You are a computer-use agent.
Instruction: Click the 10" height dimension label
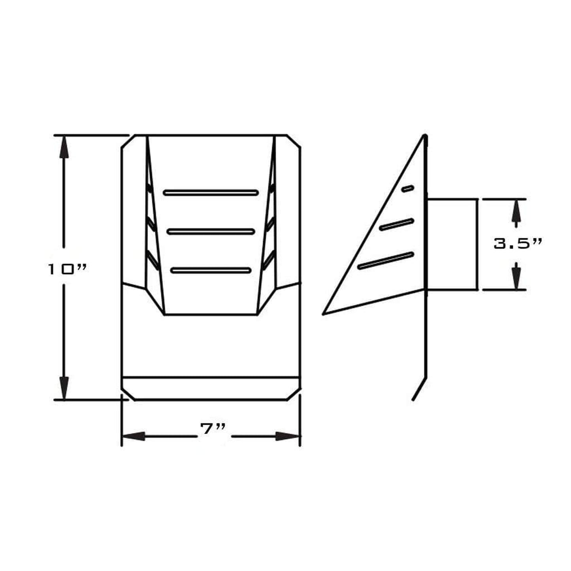[67, 269]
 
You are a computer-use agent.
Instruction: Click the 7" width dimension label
[213, 437]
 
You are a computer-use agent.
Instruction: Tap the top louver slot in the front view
[211, 193]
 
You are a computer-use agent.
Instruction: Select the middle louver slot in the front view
[211, 232]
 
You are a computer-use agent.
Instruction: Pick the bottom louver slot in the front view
[211, 270]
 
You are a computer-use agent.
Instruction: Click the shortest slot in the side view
[408, 188]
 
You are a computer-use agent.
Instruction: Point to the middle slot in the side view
[396, 224]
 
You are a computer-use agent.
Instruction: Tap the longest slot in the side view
[386, 260]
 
